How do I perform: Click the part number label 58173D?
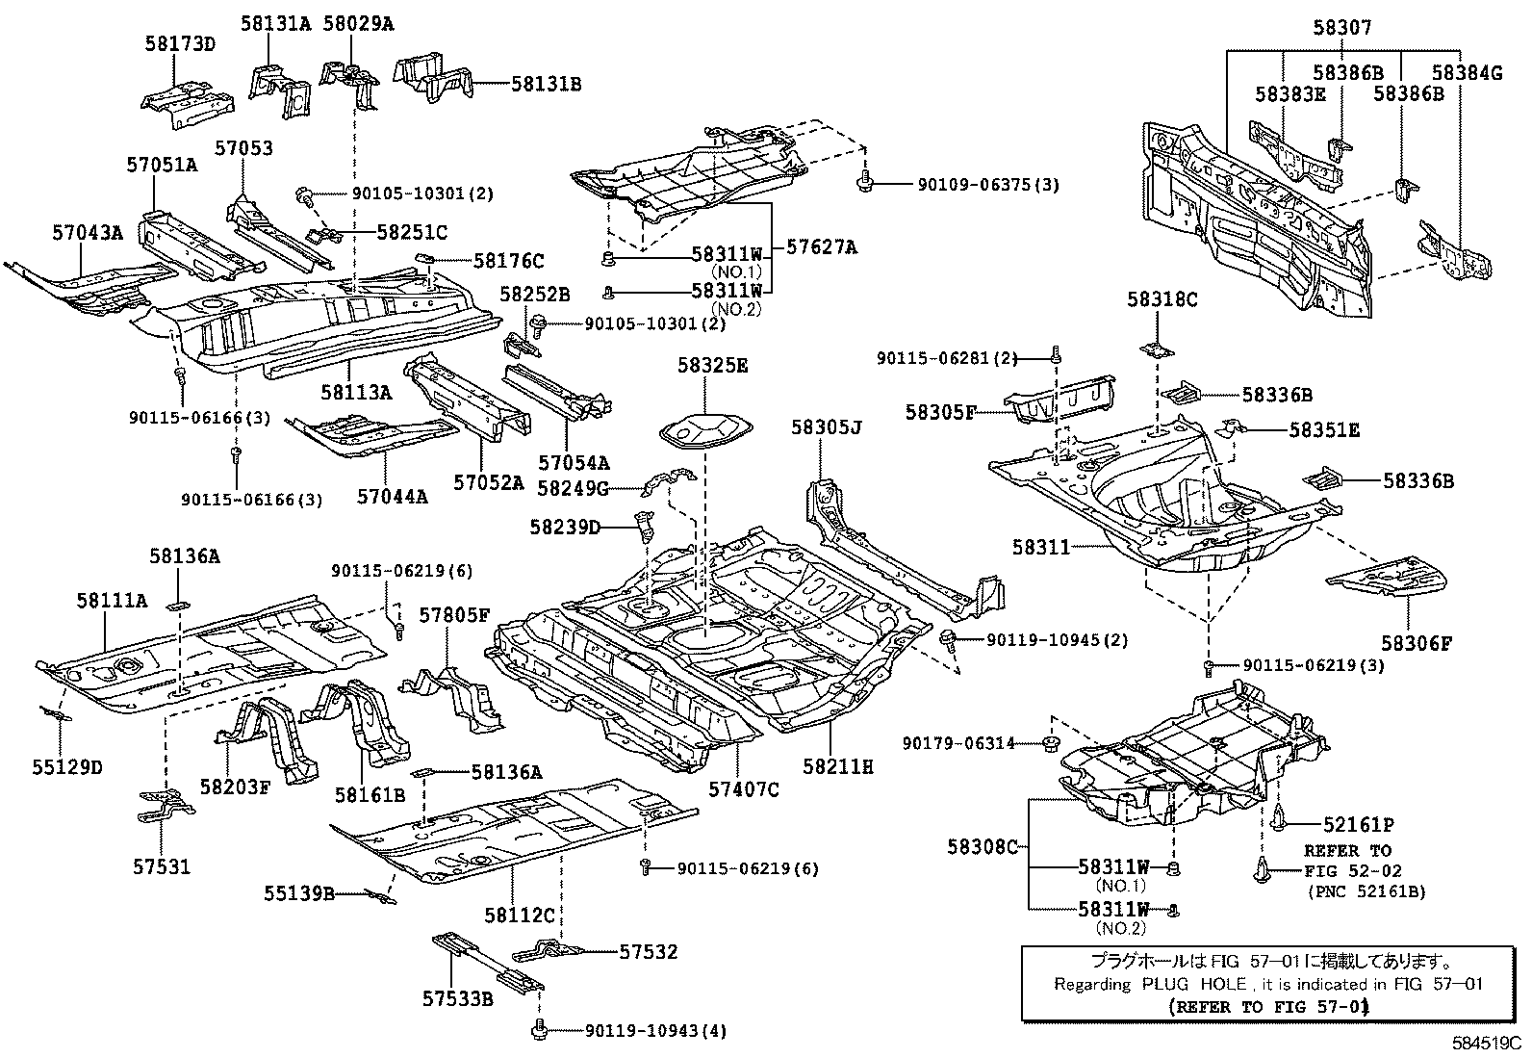(180, 42)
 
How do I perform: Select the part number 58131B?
(546, 85)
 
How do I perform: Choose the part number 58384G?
(1466, 72)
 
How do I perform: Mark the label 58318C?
(1162, 300)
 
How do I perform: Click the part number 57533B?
(457, 1000)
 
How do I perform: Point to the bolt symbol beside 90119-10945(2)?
(947, 639)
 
